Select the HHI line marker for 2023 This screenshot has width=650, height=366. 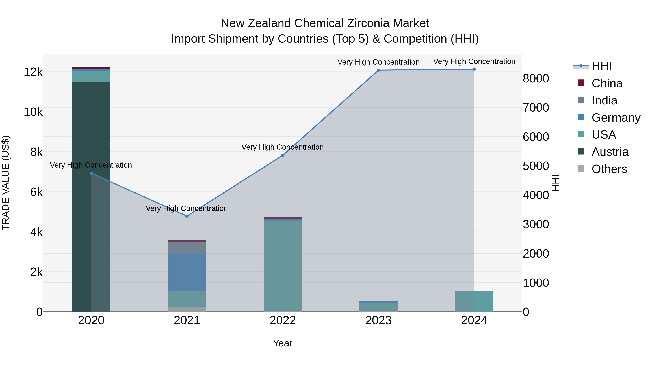point(378,70)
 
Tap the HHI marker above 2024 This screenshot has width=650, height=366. point(474,69)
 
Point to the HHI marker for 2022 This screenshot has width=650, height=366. point(283,155)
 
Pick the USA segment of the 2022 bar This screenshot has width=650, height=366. point(283,265)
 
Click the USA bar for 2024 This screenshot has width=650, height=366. point(474,301)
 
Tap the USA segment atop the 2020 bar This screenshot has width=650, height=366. point(91,76)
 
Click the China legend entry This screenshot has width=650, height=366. point(607,83)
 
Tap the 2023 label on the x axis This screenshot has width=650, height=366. point(378,320)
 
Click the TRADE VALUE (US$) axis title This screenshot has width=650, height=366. point(6,183)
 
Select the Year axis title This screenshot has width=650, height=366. point(283,343)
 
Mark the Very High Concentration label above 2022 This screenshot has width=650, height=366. point(282,147)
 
